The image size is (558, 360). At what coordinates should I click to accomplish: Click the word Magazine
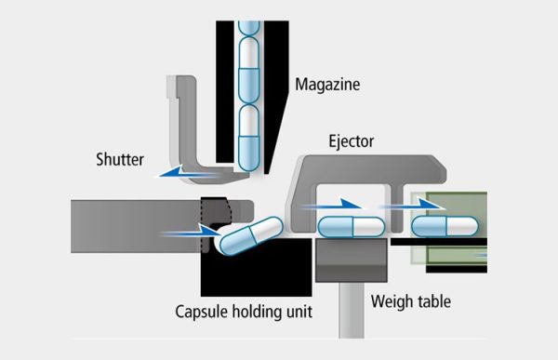coord(327,85)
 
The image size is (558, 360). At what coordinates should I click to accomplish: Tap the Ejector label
coord(352,141)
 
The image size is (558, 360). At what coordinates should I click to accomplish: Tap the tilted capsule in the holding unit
coord(248,236)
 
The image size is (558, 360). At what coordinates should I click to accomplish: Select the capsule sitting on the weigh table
coord(352,225)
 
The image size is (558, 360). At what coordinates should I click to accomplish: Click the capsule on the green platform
coord(445,225)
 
